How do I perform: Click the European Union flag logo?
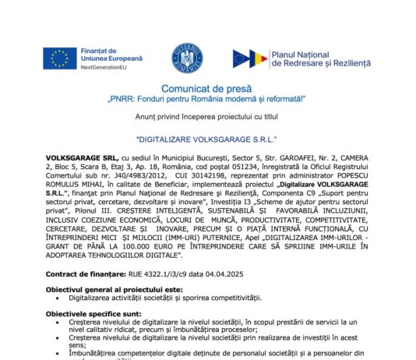(x=55, y=58)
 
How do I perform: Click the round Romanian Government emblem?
(x=185, y=58)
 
